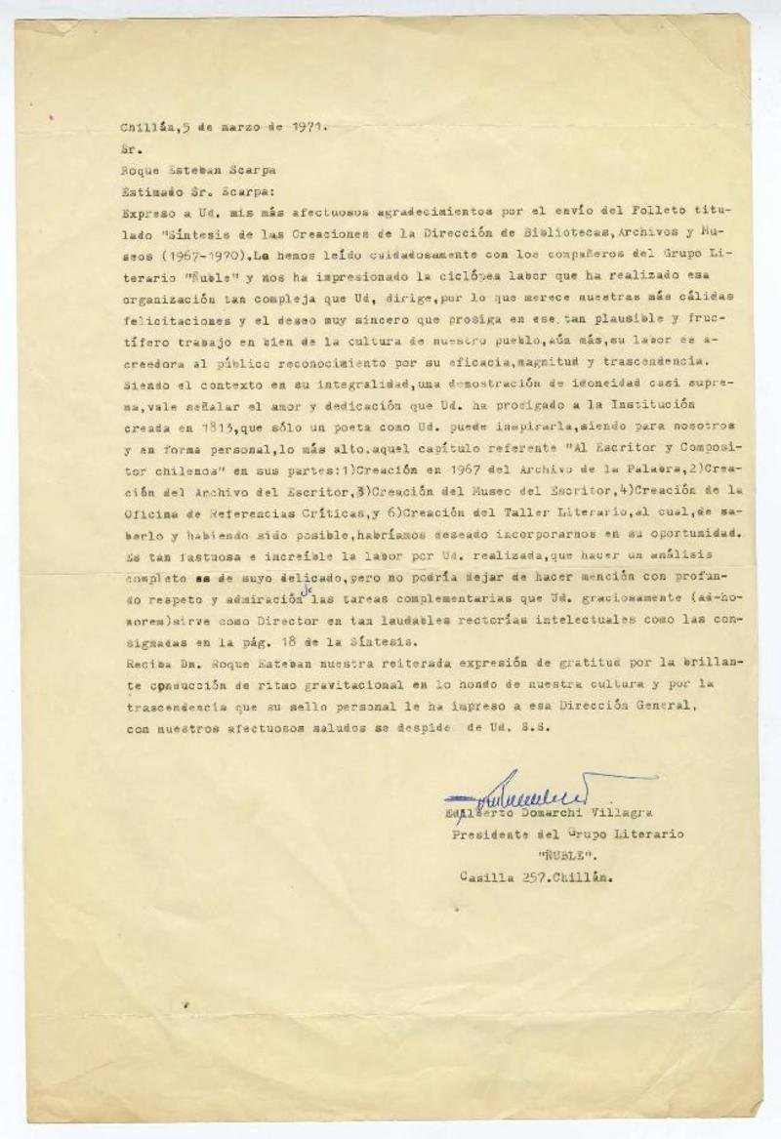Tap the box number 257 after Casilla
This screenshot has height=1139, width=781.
533,876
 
